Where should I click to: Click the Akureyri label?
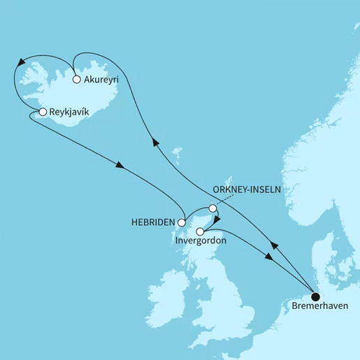101,80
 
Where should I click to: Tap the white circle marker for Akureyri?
76,79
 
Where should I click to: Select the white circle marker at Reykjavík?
43,112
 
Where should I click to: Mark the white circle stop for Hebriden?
182,223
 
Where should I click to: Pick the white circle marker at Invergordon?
200,231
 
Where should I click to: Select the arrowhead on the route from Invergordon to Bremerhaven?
268,258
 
